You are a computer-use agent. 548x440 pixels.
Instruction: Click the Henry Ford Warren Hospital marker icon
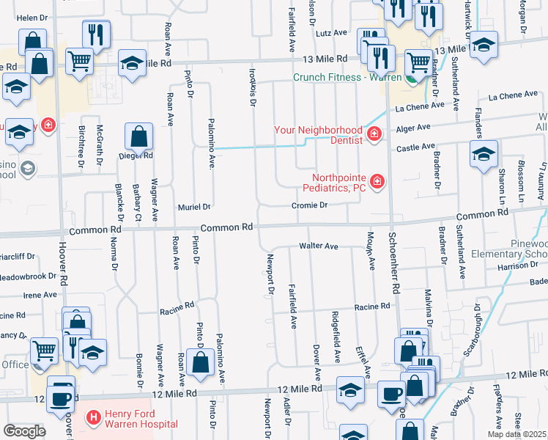click(94, 418)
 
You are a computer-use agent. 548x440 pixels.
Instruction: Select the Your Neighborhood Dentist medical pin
click(374, 133)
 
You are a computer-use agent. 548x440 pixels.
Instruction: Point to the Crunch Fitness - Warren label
click(347, 77)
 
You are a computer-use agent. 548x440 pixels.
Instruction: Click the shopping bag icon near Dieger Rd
click(138, 136)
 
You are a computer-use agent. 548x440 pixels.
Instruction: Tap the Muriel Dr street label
click(193, 207)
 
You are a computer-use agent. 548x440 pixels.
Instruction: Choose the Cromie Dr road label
click(308, 206)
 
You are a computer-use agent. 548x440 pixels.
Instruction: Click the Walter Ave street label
click(317, 246)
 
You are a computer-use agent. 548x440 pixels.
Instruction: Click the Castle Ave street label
click(415, 148)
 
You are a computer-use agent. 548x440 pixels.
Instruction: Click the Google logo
click(24, 431)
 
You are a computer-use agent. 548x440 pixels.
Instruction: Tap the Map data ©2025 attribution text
click(516, 434)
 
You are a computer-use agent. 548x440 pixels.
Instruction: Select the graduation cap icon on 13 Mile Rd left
click(132, 64)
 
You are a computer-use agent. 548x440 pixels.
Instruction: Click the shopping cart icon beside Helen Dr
click(78, 61)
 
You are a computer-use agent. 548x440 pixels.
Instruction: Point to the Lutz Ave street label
click(331, 33)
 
